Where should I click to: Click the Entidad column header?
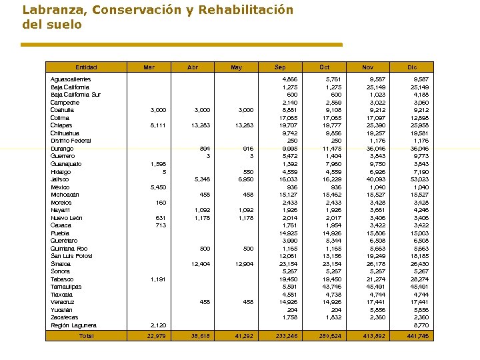tap(86, 67)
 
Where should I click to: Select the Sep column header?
tap(280, 67)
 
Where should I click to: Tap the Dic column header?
tap(412, 67)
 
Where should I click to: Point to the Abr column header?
tap(193, 67)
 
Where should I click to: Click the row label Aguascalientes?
tap(71, 79)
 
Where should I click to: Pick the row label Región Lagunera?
tap(73, 325)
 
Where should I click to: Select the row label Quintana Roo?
tap(69, 249)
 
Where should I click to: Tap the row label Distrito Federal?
tap(71, 141)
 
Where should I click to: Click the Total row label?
tap(86, 337)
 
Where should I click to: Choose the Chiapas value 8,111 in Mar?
tap(158, 125)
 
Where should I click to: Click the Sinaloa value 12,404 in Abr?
tap(201, 264)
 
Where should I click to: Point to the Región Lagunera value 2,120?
tap(158, 325)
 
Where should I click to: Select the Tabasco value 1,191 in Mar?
tap(158, 279)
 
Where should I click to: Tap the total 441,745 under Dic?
tap(417, 337)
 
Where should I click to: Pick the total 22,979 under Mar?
tap(157, 337)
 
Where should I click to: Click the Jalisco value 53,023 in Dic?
tap(419, 179)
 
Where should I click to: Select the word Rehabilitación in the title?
tap(246, 10)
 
